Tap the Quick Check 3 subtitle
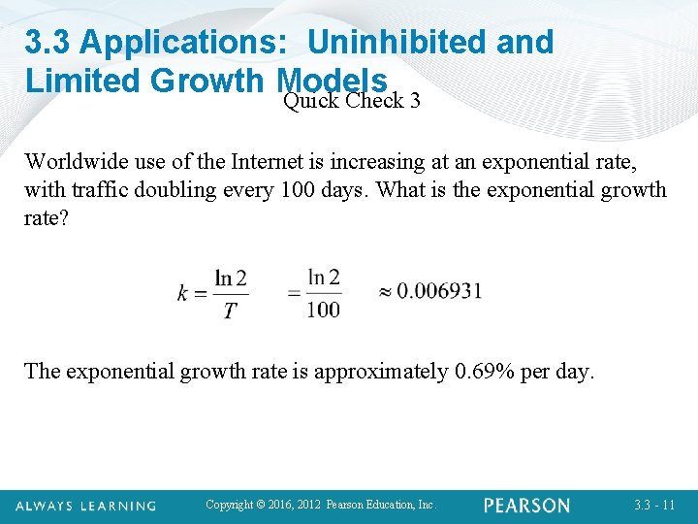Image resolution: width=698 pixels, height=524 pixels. tap(351, 100)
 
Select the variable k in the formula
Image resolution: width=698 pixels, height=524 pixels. tap(182, 293)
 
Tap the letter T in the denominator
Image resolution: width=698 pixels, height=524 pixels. tap(229, 311)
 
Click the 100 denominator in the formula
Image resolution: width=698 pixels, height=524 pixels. tap(324, 310)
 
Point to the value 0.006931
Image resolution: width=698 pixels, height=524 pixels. tap(439, 291)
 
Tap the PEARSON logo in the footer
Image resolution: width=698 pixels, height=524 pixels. tap(527, 506)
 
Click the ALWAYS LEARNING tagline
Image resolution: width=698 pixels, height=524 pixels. tap(84, 506)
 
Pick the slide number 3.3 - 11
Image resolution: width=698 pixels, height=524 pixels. tap(654, 506)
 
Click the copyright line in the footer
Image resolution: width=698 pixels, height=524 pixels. tap(322, 505)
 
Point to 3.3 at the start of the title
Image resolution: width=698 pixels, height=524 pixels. tap(48, 42)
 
